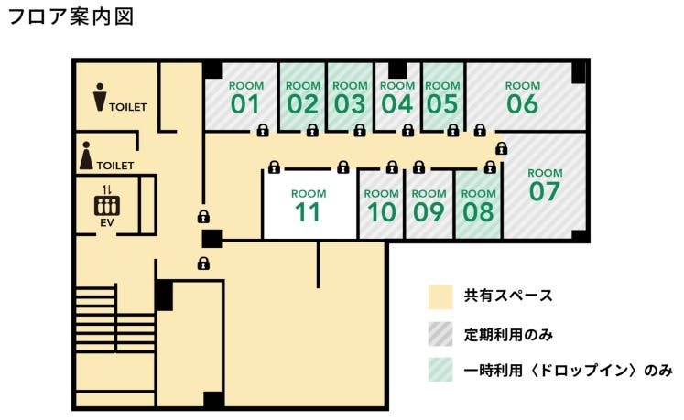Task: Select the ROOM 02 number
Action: [302, 103]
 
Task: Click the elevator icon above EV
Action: [107, 204]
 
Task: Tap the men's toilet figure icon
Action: [99, 97]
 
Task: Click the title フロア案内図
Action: [71, 17]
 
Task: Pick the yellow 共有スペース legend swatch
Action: [440, 296]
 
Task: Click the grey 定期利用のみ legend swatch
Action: [440, 334]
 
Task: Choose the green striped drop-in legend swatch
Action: [440, 371]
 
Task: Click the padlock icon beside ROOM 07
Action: [501, 148]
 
